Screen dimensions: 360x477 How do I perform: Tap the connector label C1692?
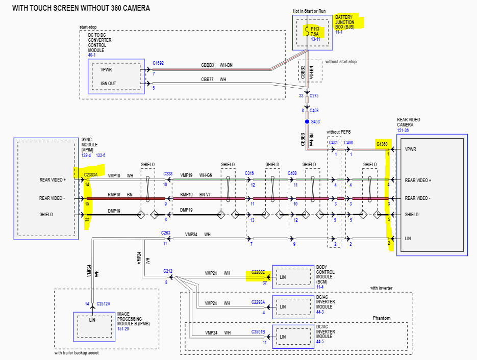(159, 64)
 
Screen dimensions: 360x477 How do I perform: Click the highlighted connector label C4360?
(382, 144)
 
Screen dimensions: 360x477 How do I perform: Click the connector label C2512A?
(104, 303)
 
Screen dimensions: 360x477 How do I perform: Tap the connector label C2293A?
(258, 302)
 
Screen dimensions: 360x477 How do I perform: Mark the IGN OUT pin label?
(108, 83)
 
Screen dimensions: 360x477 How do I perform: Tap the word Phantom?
(381, 318)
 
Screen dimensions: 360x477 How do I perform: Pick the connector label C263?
(165, 233)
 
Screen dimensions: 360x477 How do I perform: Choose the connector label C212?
(168, 271)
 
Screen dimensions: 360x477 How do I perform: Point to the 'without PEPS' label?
(339, 132)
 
